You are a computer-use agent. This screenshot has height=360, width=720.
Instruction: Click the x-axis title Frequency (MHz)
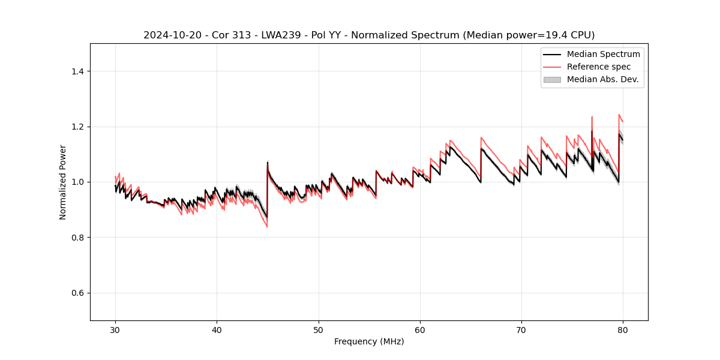tap(369, 341)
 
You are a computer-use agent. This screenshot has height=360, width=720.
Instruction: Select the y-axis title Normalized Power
tap(63, 182)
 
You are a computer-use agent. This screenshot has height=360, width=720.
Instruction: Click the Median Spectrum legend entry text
tap(603, 54)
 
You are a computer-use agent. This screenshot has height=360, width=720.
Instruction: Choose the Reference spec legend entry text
tap(599, 67)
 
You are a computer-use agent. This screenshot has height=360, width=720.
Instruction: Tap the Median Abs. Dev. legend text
tap(603, 79)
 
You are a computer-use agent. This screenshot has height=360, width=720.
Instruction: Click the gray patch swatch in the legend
tap(552, 79)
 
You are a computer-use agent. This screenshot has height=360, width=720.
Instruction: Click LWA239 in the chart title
tap(280, 35)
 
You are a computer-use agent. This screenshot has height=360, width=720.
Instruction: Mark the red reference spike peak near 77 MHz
tap(592, 117)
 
